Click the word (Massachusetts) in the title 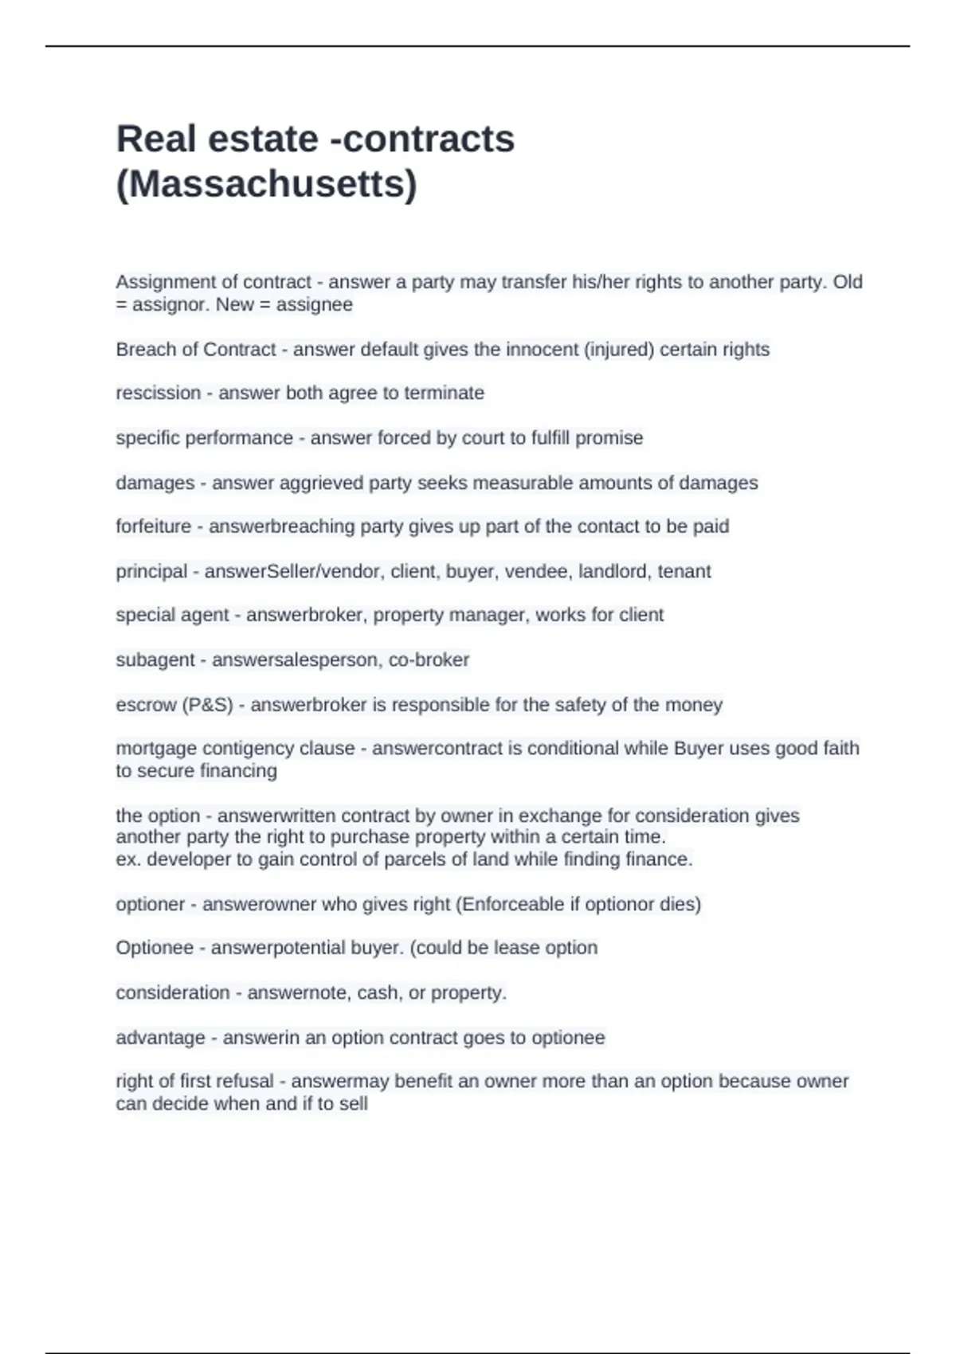coord(266,184)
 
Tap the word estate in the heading coord(263,139)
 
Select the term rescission coord(159,393)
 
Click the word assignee coord(314,304)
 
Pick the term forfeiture coord(154,526)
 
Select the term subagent coord(155,660)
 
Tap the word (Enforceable coord(509,905)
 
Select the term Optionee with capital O coord(155,948)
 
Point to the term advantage coord(160,1038)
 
